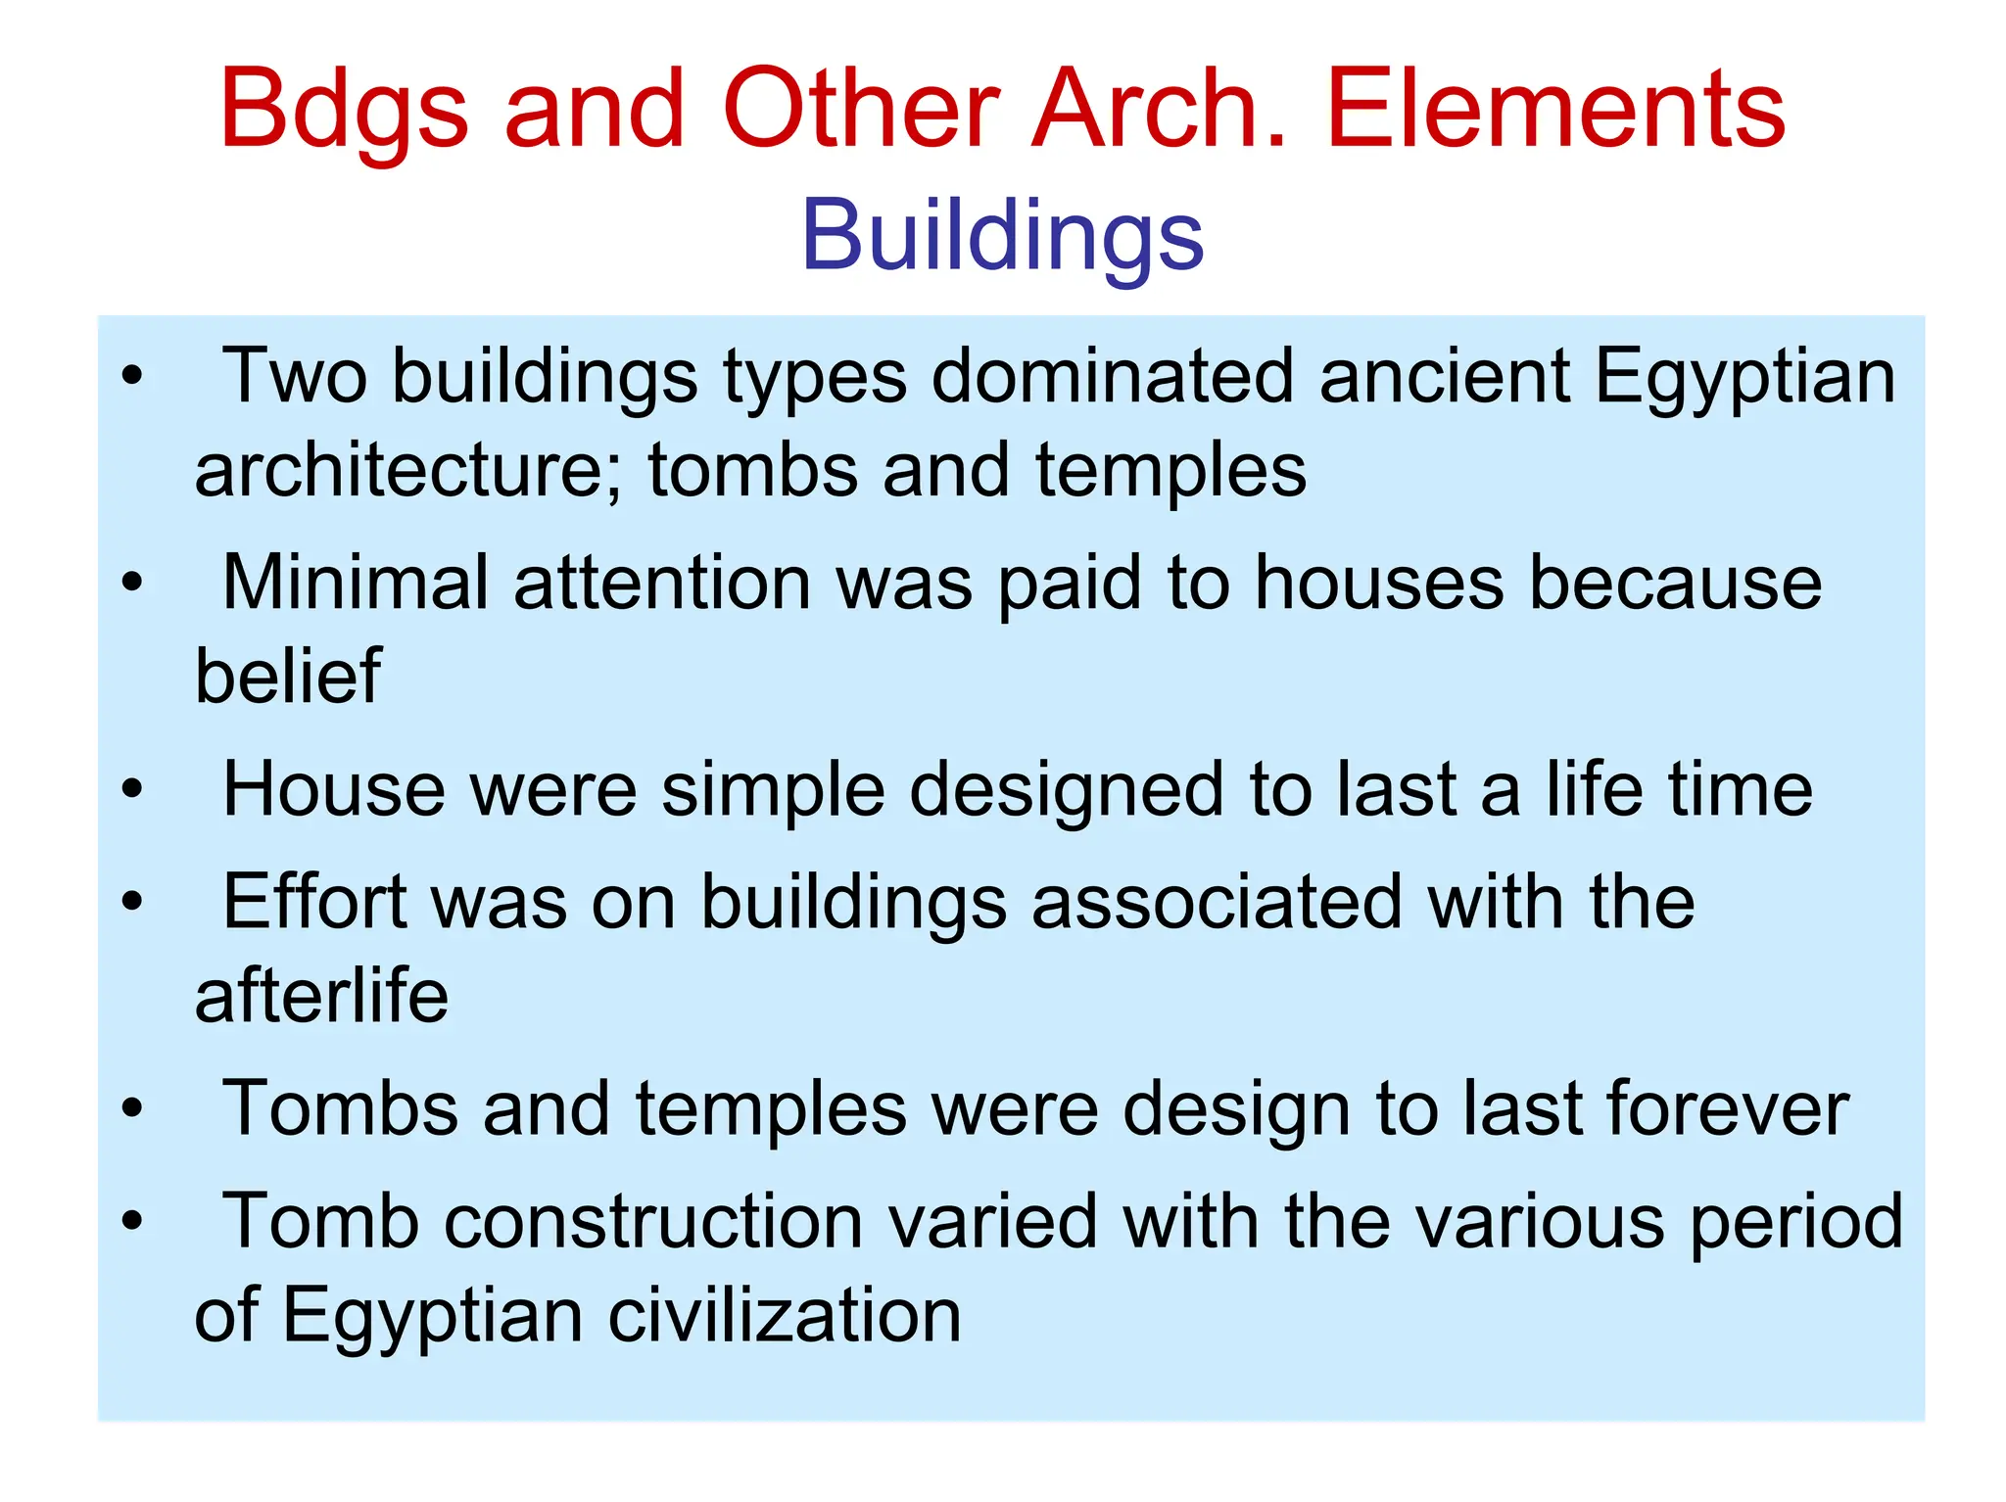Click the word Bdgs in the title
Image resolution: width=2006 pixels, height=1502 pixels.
[343, 110]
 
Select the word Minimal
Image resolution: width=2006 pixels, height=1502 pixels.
[355, 583]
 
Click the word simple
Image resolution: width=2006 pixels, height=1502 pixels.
[774, 791]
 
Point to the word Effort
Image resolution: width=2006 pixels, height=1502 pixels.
[314, 902]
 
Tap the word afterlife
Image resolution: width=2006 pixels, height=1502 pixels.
[321, 996]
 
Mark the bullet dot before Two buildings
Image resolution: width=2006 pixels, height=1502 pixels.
[132, 376]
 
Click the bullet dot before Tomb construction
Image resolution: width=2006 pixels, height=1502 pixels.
[132, 1222]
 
